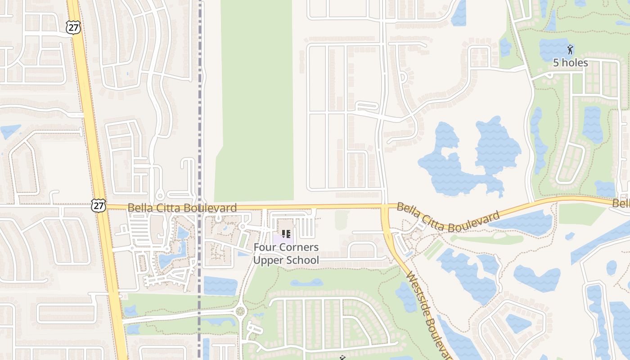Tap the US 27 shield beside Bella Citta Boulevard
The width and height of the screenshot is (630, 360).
pyautogui.click(x=98, y=206)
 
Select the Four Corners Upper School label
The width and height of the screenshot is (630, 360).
pyautogui.click(x=286, y=254)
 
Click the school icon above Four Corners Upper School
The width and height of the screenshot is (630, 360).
pyautogui.click(x=286, y=234)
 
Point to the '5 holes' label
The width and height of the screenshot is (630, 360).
pyautogui.click(x=570, y=63)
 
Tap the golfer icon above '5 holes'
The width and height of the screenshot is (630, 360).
pyautogui.click(x=570, y=49)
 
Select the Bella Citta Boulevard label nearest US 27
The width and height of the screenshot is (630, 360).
pyautogui.click(x=182, y=208)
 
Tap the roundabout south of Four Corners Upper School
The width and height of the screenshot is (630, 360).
pyautogui.click(x=240, y=310)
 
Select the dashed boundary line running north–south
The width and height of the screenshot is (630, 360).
pyautogui.click(x=199, y=112)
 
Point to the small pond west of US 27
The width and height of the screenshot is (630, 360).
pyautogui.click(x=10, y=131)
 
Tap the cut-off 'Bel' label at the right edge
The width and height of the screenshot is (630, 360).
pyautogui.click(x=621, y=203)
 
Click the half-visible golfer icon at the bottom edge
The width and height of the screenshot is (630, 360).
pyautogui.click(x=343, y=358)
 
